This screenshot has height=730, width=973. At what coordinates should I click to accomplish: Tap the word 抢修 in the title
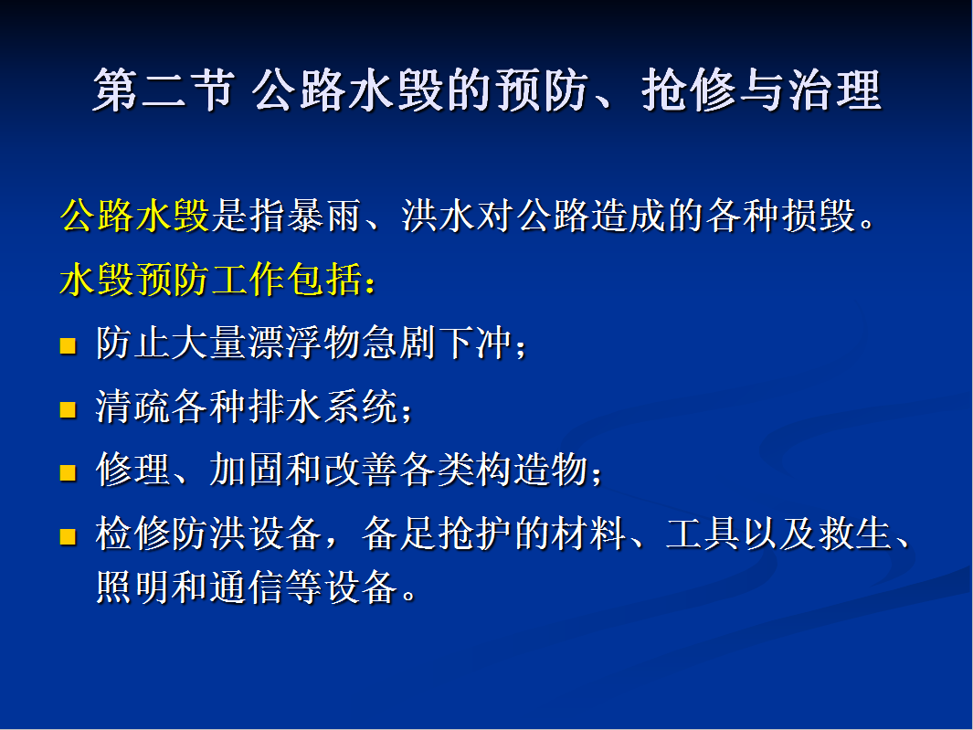point(689,90)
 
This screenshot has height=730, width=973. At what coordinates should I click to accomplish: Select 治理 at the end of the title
point(835,90)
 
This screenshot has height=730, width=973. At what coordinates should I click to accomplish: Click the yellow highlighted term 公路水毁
point(134,216)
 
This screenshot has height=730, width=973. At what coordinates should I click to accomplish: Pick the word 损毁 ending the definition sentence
point(820,216)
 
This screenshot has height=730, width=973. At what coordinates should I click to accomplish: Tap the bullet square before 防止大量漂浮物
point(68,345)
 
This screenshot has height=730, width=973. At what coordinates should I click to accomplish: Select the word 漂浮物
point(303,343)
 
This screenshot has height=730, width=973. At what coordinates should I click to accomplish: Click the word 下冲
point(474,343)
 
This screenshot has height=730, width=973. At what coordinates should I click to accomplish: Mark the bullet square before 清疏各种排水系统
point(68,409)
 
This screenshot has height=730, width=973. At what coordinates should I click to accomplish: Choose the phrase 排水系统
point(323,407)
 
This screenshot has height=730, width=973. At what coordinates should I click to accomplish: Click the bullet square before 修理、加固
point(68,473)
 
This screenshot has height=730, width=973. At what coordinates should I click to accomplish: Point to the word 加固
point(247,470)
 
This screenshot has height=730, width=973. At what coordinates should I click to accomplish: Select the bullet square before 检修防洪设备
point(68,536)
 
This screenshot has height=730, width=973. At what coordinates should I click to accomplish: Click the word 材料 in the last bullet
point(587,534)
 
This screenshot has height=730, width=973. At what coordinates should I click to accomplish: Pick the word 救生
point(854,534)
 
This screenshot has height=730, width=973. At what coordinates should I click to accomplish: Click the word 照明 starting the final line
point(134,587)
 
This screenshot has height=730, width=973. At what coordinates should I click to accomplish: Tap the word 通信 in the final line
point(247,587)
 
